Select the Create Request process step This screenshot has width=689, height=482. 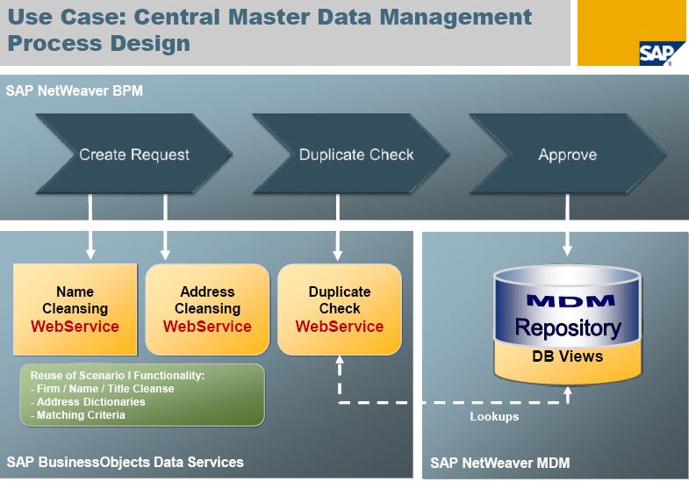click(134, 155)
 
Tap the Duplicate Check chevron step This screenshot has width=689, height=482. click(356, 155)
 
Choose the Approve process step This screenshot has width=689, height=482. click(567, 155)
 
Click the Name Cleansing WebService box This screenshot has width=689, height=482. click(75, 309)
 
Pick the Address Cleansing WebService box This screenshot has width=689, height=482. click(207, 309)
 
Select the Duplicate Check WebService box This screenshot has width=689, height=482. click(340, 309)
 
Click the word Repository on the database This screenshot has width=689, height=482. click(568, 328)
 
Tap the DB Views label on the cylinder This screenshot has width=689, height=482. click(567, 356)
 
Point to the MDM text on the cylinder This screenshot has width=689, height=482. click(568, 301)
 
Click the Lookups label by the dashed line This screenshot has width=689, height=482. click(494, 416)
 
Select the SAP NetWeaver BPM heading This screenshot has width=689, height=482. click(74, 90)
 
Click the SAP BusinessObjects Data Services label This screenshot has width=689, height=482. click(125, 462)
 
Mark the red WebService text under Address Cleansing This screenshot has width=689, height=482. click(207, 326)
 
